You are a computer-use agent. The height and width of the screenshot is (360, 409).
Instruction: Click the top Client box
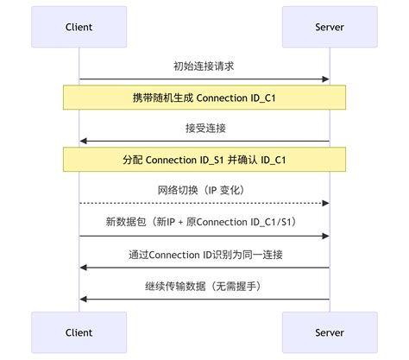pyautogui.click(x=79, y=27)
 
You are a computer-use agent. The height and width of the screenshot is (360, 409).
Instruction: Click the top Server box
pyautogui.click(x=330, y=27)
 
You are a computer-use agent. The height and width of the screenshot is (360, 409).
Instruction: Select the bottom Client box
pyautogui.click(x=79, y=332)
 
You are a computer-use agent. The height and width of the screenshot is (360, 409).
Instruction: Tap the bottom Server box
pyautogui.click(x=330, y=332)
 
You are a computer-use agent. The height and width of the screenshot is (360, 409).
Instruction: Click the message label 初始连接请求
pyautogui.click(x=204, y=66)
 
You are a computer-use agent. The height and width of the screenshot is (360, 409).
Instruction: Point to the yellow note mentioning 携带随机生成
pyautogui.click(x=204, y=98)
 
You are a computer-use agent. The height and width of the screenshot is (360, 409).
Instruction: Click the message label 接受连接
pyautogui.click(x=204, y=128)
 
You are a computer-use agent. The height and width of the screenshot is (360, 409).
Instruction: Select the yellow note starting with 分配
pyautogui.click(x=204, y=160)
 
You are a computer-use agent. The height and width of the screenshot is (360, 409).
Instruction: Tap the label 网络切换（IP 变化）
pyautogui.click(x=204, y=190)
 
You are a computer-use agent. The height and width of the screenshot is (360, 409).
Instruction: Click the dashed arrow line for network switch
pyautogui.click(x=204, y=204)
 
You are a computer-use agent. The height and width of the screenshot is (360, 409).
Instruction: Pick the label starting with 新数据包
pyautogui.click(x=204, y=221)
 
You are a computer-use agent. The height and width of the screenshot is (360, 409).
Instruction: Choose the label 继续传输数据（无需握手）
pyautogui.click(x=204, y=285)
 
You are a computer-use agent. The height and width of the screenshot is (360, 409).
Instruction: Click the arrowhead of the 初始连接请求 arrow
pyautogui.click(x=326, y=79)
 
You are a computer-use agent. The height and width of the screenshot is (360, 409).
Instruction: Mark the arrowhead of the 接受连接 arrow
pyautogui.click(x=84, y=141)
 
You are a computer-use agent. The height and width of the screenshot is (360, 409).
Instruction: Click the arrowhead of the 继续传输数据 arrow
pyautogui.click(x=84, y=299)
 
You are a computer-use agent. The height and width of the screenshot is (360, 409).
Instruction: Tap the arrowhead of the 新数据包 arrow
pyautogui.click(x=326, y=236)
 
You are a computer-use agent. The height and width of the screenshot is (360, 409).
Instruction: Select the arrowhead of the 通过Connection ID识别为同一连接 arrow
pyautogui.click(x=84, y=267)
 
